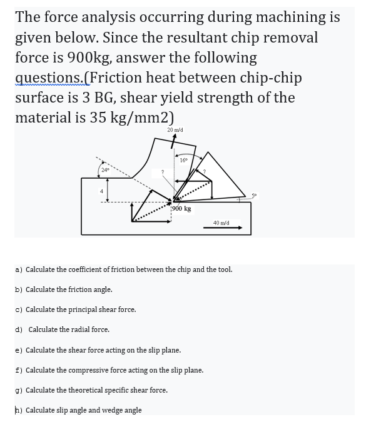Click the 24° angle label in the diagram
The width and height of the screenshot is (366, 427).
106,169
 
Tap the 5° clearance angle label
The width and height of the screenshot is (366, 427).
254,194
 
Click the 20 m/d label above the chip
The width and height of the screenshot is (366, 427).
174,129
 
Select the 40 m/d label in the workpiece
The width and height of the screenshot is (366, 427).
221,222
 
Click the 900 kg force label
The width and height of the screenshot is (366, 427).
181,208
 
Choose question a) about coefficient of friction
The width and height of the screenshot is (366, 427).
123,269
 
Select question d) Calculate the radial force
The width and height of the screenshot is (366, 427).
62,329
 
